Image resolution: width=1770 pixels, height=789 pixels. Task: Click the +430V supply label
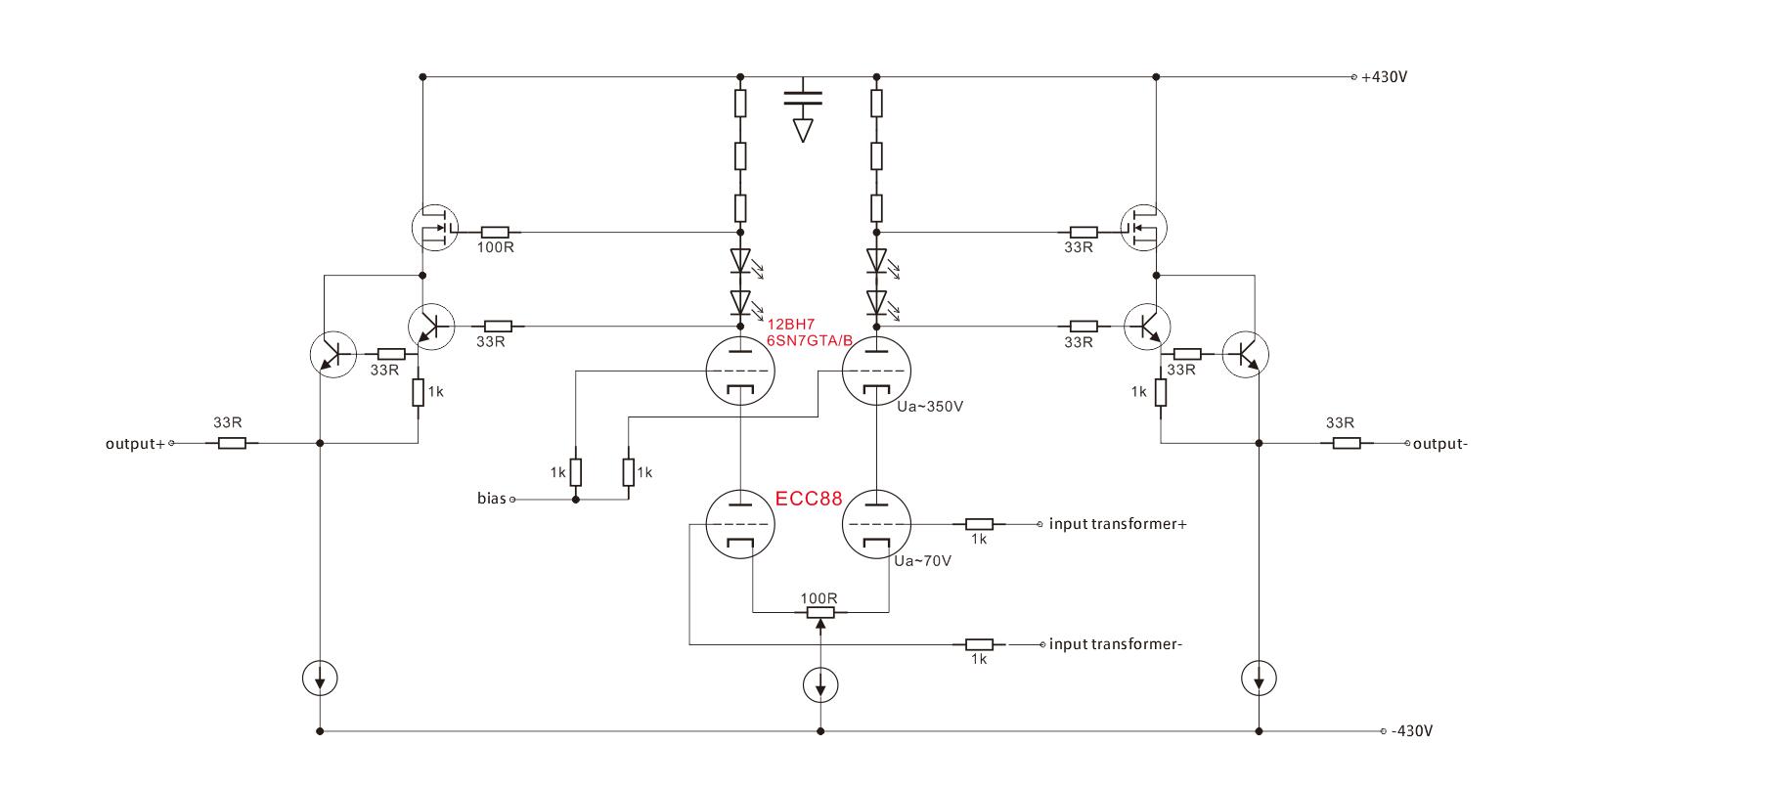tap(1384, 76)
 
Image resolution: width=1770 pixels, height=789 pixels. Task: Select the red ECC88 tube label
tap(809, 498)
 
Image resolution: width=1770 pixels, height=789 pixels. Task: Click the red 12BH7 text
tap(791, 325)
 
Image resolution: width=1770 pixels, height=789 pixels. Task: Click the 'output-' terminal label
tap(1440, 444)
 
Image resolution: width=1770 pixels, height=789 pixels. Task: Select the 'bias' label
tap(492, 499)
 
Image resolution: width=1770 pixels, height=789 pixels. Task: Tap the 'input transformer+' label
tap(1118, 524)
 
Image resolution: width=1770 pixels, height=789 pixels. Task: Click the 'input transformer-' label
tap(1116, 644)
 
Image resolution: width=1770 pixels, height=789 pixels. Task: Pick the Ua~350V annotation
tap(931, 406)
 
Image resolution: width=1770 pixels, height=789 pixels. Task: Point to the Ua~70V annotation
tap(923, 561)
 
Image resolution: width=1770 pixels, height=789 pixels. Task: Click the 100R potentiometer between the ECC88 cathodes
tap(819, 613)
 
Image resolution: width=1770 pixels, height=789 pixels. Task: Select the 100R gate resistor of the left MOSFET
tap(496, 233)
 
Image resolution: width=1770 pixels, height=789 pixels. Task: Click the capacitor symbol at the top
tap(803, 98)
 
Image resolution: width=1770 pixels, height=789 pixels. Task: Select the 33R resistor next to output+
tap(232, 444)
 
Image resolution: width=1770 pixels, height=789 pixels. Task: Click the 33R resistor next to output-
tap(1346, 444)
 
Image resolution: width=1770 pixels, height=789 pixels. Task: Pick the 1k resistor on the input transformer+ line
tap(979, 524)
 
